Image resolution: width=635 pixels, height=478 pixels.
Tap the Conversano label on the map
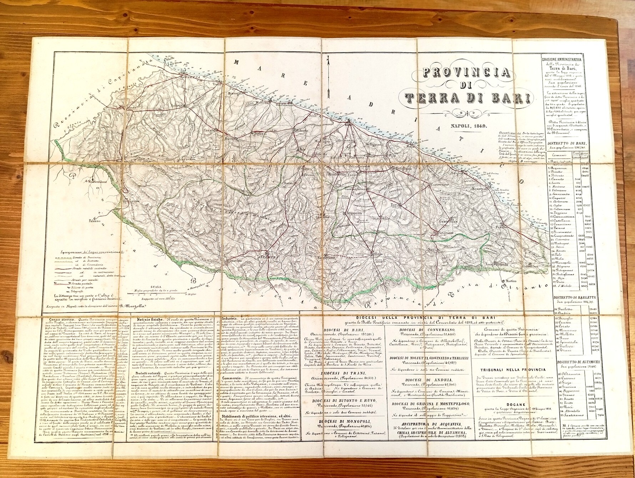[x=444, y=184]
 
